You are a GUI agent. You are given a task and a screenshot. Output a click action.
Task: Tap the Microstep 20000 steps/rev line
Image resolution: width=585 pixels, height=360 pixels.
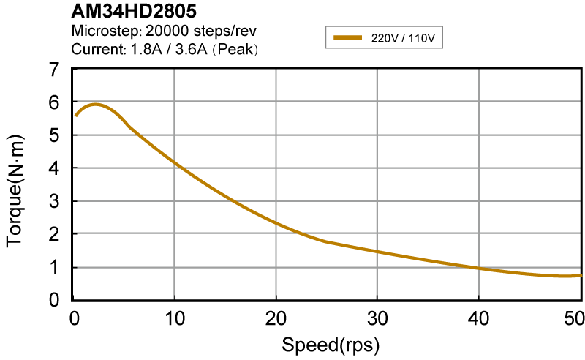164,31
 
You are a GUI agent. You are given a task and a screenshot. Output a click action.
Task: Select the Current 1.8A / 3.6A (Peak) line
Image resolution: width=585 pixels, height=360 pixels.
165,50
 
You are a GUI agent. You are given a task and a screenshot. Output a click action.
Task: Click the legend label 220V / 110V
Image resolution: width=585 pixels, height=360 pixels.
403,37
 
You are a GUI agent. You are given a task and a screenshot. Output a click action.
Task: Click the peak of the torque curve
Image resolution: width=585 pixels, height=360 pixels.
95,104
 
